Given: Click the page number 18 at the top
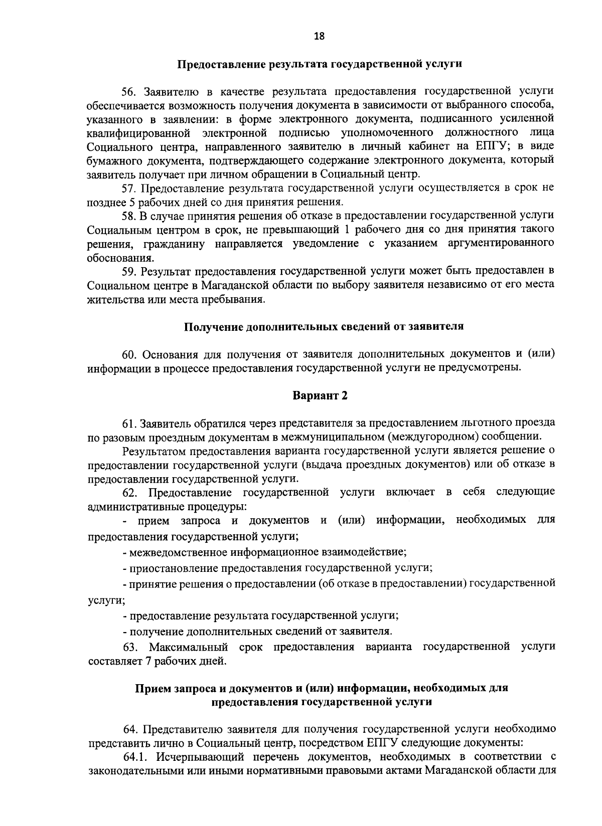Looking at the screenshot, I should [319, 36].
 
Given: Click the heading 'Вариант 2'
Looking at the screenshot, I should [320, 395].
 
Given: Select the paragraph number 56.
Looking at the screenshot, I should [129, 91].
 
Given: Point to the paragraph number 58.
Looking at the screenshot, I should [129, 216].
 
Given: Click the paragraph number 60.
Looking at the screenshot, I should [129, 354].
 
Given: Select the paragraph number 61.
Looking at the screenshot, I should [128, 423].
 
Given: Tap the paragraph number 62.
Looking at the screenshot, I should [129, 492].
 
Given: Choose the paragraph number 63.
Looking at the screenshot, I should [129, 647].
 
